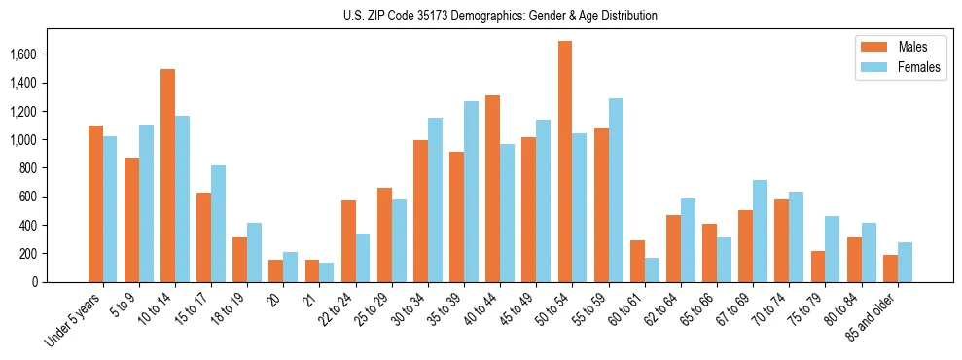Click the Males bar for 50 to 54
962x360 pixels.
[565, 162]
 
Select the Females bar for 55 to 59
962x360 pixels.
[616, 191]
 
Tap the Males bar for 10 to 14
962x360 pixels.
[167, 176]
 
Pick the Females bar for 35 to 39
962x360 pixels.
[471, 192]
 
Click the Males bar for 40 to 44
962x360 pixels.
[493, 189]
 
